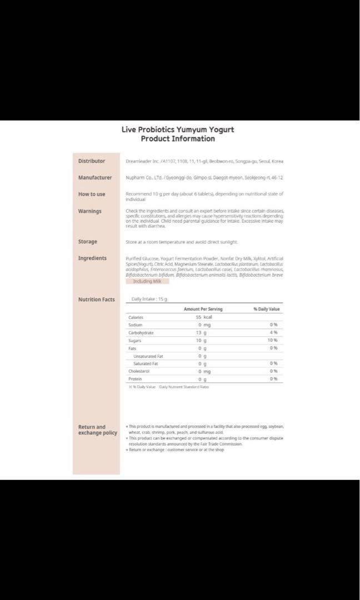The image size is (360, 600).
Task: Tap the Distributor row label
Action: coord(92,161)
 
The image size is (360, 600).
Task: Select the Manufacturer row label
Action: coord(95,178)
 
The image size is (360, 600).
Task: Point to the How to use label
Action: coord(92,194)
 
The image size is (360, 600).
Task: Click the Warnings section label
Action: coord(90,211)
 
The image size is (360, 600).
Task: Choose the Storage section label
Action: coord(88,242)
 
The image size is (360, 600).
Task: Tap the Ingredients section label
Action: coord(92,258)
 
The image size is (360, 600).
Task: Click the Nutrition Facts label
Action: coord(97,299)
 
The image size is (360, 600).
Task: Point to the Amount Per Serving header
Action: coord(203,309)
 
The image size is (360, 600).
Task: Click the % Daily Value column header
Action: coord(267,309)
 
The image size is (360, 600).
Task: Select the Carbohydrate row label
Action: coord(141,333)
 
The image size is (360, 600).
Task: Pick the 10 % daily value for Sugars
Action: coord(272,341)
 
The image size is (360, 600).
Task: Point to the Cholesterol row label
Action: coord(139,371)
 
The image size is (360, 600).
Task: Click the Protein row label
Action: coord(136,379)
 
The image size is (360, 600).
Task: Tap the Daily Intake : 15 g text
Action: coord(149,299)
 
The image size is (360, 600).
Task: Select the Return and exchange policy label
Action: coord(97,430)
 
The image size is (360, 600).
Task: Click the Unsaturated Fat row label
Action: coord(148,356)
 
